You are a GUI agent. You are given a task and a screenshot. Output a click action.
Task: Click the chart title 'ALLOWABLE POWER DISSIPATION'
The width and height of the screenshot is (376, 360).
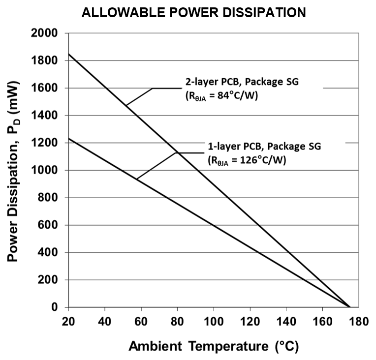(194, 13)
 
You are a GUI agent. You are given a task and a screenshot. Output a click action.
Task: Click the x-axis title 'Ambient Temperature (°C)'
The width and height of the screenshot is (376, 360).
(214, 346)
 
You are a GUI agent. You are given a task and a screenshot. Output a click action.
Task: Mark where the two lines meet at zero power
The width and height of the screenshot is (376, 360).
(349, 307)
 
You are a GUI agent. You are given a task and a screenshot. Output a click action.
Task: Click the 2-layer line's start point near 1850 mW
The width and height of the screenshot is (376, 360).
(69, 54)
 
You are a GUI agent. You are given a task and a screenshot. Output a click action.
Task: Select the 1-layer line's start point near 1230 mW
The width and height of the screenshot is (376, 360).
(69, 139)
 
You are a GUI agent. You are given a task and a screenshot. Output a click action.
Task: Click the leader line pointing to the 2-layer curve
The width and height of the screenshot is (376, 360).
(139, 96)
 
